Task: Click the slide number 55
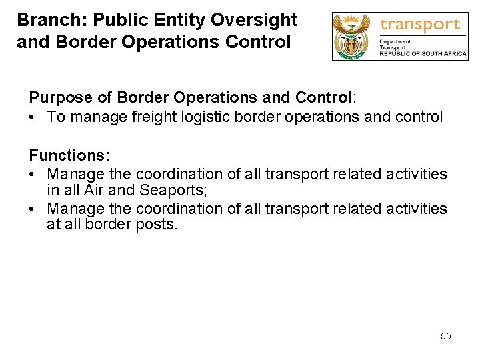point(446,336)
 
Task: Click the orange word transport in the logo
point(419,25)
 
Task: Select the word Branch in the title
point(44,20)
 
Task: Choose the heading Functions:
point(69,155)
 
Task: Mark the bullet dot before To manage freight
point(33,117)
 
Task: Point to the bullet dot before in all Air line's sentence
point(33,175)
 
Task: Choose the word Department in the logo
point(395,42)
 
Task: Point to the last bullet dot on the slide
point(33,209)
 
